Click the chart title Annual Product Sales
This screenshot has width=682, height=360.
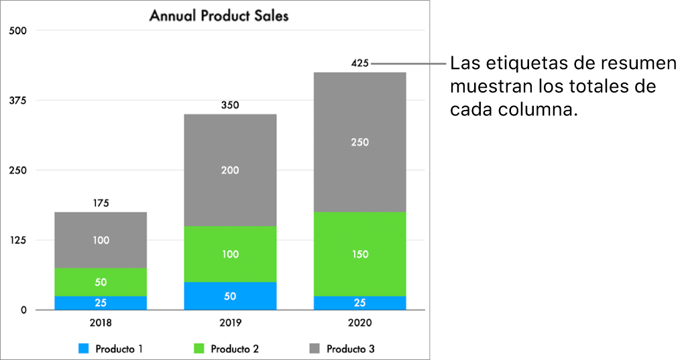click(x=219, y=15)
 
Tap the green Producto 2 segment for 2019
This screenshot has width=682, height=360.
click(x=230, y=254)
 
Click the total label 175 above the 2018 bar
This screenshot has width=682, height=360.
click(x=101, y=203)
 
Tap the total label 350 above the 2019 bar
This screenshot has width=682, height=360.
click(x=230, y=105)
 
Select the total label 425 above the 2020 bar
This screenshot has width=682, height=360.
click(x=359, y=64)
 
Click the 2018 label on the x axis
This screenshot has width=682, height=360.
click(x=101, y=322)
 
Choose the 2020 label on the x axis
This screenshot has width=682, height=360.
click(x=359, y=322)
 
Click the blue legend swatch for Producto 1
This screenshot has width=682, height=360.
click(x=84, y=349)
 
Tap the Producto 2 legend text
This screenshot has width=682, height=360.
click(x=234, y=349)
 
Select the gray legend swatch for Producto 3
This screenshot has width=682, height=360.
click(x=315, y=349)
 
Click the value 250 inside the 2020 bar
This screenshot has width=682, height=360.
click(x=359, y=142)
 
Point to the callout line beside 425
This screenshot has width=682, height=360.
click(x=409, y=64)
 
